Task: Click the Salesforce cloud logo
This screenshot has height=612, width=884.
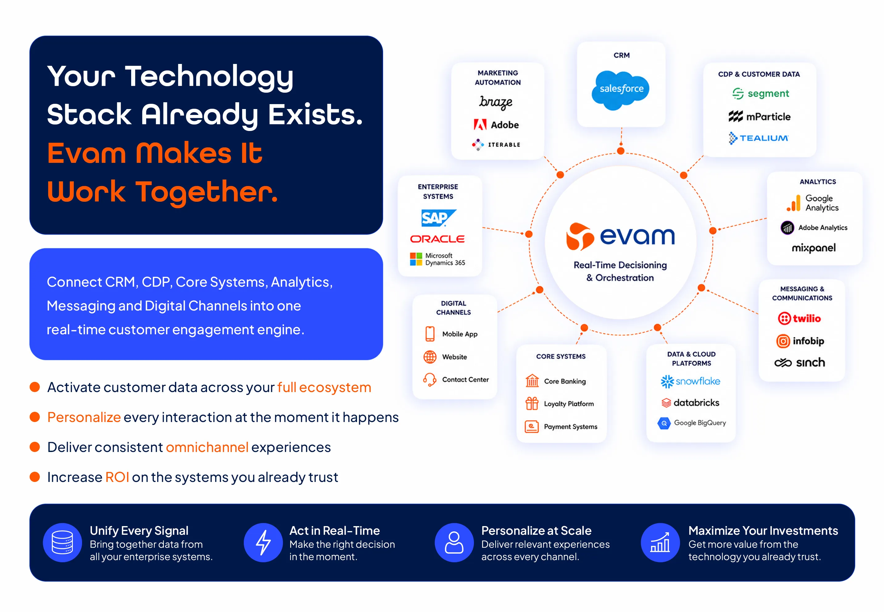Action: click(620, 90)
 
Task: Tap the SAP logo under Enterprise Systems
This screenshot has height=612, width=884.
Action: click(438, 218)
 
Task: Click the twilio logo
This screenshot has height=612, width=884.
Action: click(799, 318)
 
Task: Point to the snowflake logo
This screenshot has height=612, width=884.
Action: click(690, 381)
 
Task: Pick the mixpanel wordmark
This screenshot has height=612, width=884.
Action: click(814, 248)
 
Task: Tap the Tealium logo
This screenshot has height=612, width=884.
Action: click(758, 138)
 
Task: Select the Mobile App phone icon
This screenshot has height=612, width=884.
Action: click(430, 334)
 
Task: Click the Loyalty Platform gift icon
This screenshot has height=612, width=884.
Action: click(532, 403)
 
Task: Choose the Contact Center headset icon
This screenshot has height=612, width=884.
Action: click(430, 379)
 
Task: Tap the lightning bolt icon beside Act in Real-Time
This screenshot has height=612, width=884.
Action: click(263, 542)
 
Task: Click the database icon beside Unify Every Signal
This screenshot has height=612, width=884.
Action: click(62, 542)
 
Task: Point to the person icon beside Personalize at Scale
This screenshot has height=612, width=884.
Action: click(454, 542)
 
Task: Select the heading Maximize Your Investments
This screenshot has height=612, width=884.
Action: click(763, 530)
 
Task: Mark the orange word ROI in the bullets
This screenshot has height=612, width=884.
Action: click(117, 477)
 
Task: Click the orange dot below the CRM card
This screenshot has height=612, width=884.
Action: click(621, 151)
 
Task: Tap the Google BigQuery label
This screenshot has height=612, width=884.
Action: click(700, 423)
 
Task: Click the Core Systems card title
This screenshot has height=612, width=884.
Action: click(561, 356)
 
